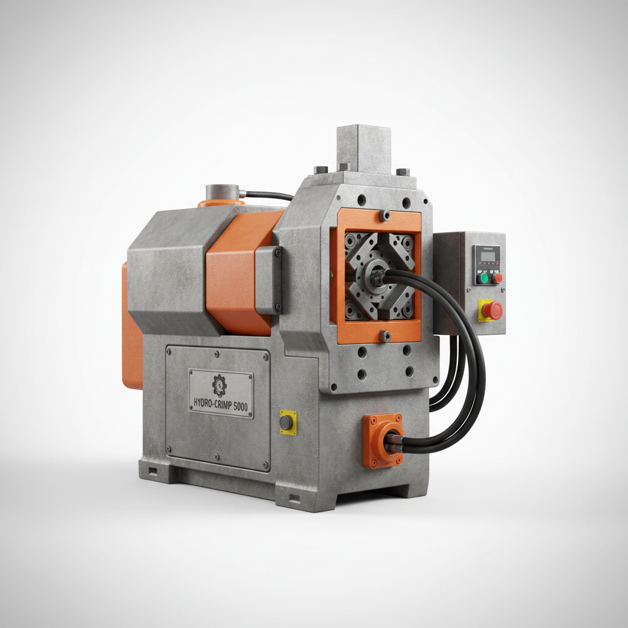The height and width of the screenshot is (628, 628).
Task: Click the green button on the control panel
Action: (484, 278)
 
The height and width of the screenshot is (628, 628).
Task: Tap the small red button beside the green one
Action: (497, 278)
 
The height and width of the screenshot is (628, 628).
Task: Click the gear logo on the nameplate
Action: (219, 385)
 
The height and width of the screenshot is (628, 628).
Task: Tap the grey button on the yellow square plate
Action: (286, 423)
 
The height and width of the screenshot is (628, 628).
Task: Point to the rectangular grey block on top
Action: (363, 148)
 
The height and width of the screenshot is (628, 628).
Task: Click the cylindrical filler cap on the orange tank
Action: (222, 193)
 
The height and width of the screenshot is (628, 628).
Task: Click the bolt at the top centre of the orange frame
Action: (384, 215)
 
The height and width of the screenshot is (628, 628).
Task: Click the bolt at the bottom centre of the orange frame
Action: (384, 335)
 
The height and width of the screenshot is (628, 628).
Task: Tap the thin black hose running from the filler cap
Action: (270, 195)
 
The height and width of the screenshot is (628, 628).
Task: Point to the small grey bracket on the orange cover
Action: (269, 279)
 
